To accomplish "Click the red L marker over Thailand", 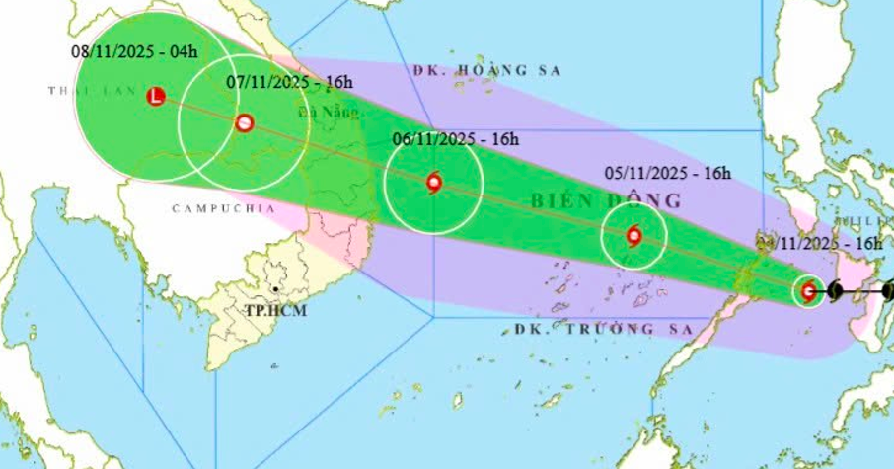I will (155, 97).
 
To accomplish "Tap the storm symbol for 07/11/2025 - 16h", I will (244, 123).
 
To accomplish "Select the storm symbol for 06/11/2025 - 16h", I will (433, 182).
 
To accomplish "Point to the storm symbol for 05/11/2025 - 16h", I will (633, 236).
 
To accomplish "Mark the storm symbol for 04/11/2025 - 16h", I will (809, 290).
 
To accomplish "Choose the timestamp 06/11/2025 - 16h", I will (455, 139).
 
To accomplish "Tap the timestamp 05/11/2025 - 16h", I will (667, 174).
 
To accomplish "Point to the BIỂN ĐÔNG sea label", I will (607, 200).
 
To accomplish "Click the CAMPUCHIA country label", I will (214, 208).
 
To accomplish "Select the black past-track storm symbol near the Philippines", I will (837, 291).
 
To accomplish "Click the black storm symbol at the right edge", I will (887, 291).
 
